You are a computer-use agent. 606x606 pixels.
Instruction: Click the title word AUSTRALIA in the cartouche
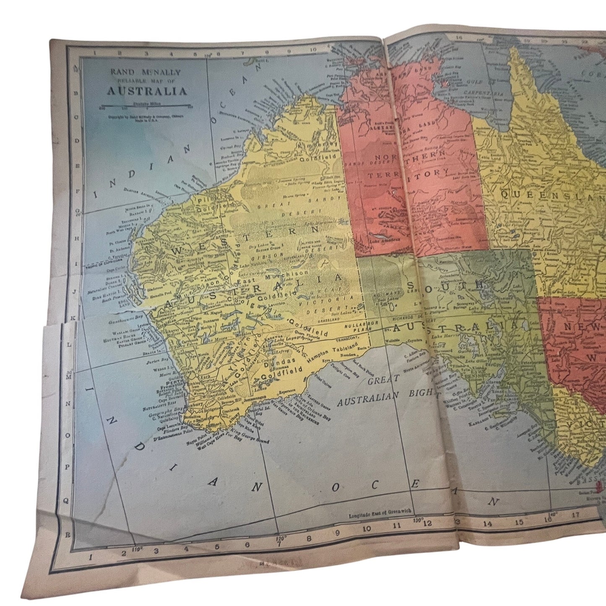(147, 91)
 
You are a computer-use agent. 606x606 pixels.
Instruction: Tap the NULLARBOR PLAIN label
(350, 327)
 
